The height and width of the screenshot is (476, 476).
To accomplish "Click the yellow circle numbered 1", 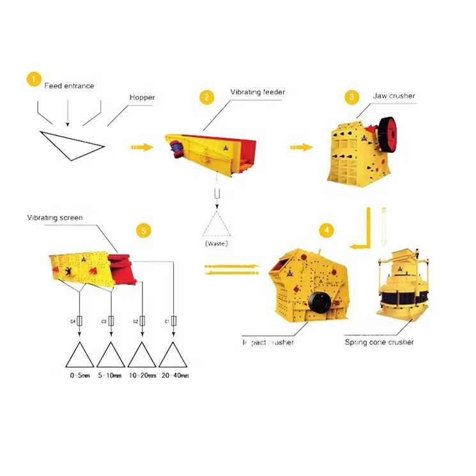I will tap(33, 79).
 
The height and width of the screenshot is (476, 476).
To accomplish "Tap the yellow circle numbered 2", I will tap(206, 97).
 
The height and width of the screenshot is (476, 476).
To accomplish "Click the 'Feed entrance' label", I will tap(69, 86).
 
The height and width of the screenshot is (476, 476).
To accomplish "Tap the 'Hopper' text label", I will tap(142, 98).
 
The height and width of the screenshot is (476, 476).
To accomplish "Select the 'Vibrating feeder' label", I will tap(257, 92).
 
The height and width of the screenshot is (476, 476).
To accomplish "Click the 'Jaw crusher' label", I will tap(394, 96).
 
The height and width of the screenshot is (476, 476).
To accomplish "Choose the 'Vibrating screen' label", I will tap(55, 218).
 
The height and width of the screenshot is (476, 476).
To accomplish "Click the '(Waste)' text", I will tap(217, 243).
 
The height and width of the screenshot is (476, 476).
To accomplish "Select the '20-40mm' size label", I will tap(175, 376).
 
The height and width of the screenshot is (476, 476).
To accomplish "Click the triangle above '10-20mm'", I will tap(142, 355).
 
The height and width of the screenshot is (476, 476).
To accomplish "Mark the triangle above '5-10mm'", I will tap(111, 355).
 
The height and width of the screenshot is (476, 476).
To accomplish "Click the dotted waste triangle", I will tap(217, 225).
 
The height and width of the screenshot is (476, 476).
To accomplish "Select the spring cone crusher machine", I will tap(397, 290).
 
